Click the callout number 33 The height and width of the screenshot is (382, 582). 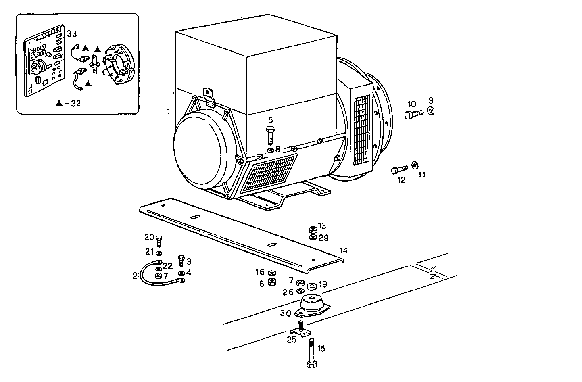coord(72,34)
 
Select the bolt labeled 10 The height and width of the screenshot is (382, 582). coord(414,114)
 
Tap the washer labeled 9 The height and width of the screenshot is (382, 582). coord(430,111)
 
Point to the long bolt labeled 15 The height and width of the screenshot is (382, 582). coord(312,353)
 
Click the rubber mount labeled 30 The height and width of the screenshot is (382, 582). coord(312,306)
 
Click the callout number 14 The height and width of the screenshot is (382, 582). coord(343,250)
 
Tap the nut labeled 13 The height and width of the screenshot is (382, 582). coord(313,230)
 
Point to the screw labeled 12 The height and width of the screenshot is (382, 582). coord(399,169)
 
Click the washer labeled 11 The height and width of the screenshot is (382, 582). coord(415,165)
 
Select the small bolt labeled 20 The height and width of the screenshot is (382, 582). coord(159,241)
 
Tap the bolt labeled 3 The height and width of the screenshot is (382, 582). coord(181,261)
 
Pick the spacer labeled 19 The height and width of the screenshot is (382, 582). coord(311,286)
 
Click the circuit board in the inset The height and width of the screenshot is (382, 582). coord(44,61)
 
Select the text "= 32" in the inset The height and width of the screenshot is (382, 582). coord(73,104)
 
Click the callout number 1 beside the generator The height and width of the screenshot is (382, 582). coord(168,111)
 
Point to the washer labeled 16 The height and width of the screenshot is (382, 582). coord(272,273)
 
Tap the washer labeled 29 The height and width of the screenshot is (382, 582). coord(313,237)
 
